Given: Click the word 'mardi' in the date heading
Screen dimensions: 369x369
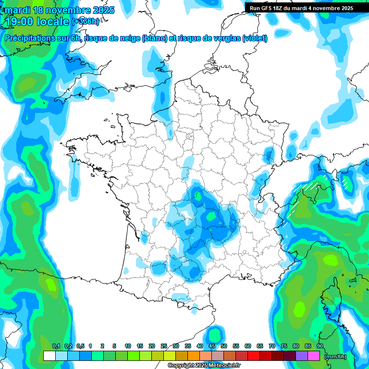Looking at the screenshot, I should click(18, 10).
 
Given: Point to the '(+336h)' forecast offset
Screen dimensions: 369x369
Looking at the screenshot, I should click(85, 22).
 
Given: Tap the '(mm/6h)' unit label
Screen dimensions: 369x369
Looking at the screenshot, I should click(335, 356).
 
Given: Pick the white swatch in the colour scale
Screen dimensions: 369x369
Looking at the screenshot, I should click(49, 356).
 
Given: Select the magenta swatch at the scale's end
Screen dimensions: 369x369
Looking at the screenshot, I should click(314, 356).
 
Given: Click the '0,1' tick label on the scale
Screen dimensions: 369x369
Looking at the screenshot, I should click(56, 346).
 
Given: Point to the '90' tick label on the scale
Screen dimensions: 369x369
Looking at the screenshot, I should click(320, 346).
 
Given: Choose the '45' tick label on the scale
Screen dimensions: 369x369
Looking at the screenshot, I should click(212, 346).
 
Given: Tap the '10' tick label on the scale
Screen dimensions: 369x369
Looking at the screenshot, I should click(127, 346).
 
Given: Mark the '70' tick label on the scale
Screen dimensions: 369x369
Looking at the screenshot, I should click(272, 346).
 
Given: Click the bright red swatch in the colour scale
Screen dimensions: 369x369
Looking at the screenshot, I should click(254, 356).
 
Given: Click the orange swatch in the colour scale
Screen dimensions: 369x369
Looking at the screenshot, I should click(194, 356).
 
